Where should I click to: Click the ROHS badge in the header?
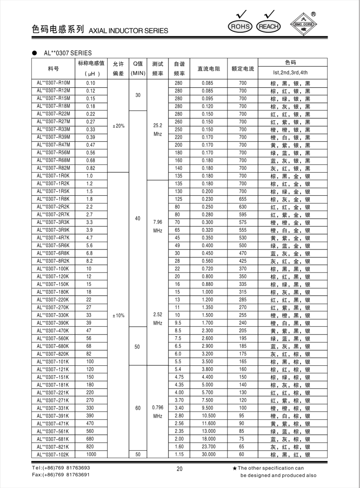(x=241, y=26)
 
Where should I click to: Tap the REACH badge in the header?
(x=268, y=26)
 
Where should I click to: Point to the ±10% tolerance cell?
(x=118, y=315)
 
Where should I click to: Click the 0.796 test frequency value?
(x=158, y=408)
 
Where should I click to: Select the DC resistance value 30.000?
(x=209, y=454)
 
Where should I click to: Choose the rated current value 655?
(x=242, y=199)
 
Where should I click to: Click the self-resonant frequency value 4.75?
(x=179, y=377)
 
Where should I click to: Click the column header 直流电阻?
(x=209, y=69)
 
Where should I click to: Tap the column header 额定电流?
(x=242, y=69)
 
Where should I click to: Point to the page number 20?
(x=179, y=470)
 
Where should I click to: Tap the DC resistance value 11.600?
(x=209, y=423)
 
